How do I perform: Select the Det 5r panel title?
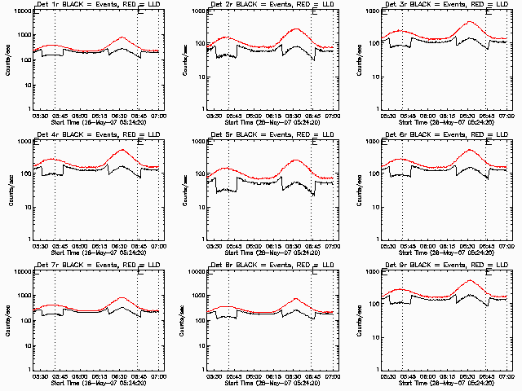[x=263, y=134]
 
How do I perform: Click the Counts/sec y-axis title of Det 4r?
[x=11, y=188]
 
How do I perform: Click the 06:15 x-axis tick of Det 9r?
[x=448, y=376]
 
